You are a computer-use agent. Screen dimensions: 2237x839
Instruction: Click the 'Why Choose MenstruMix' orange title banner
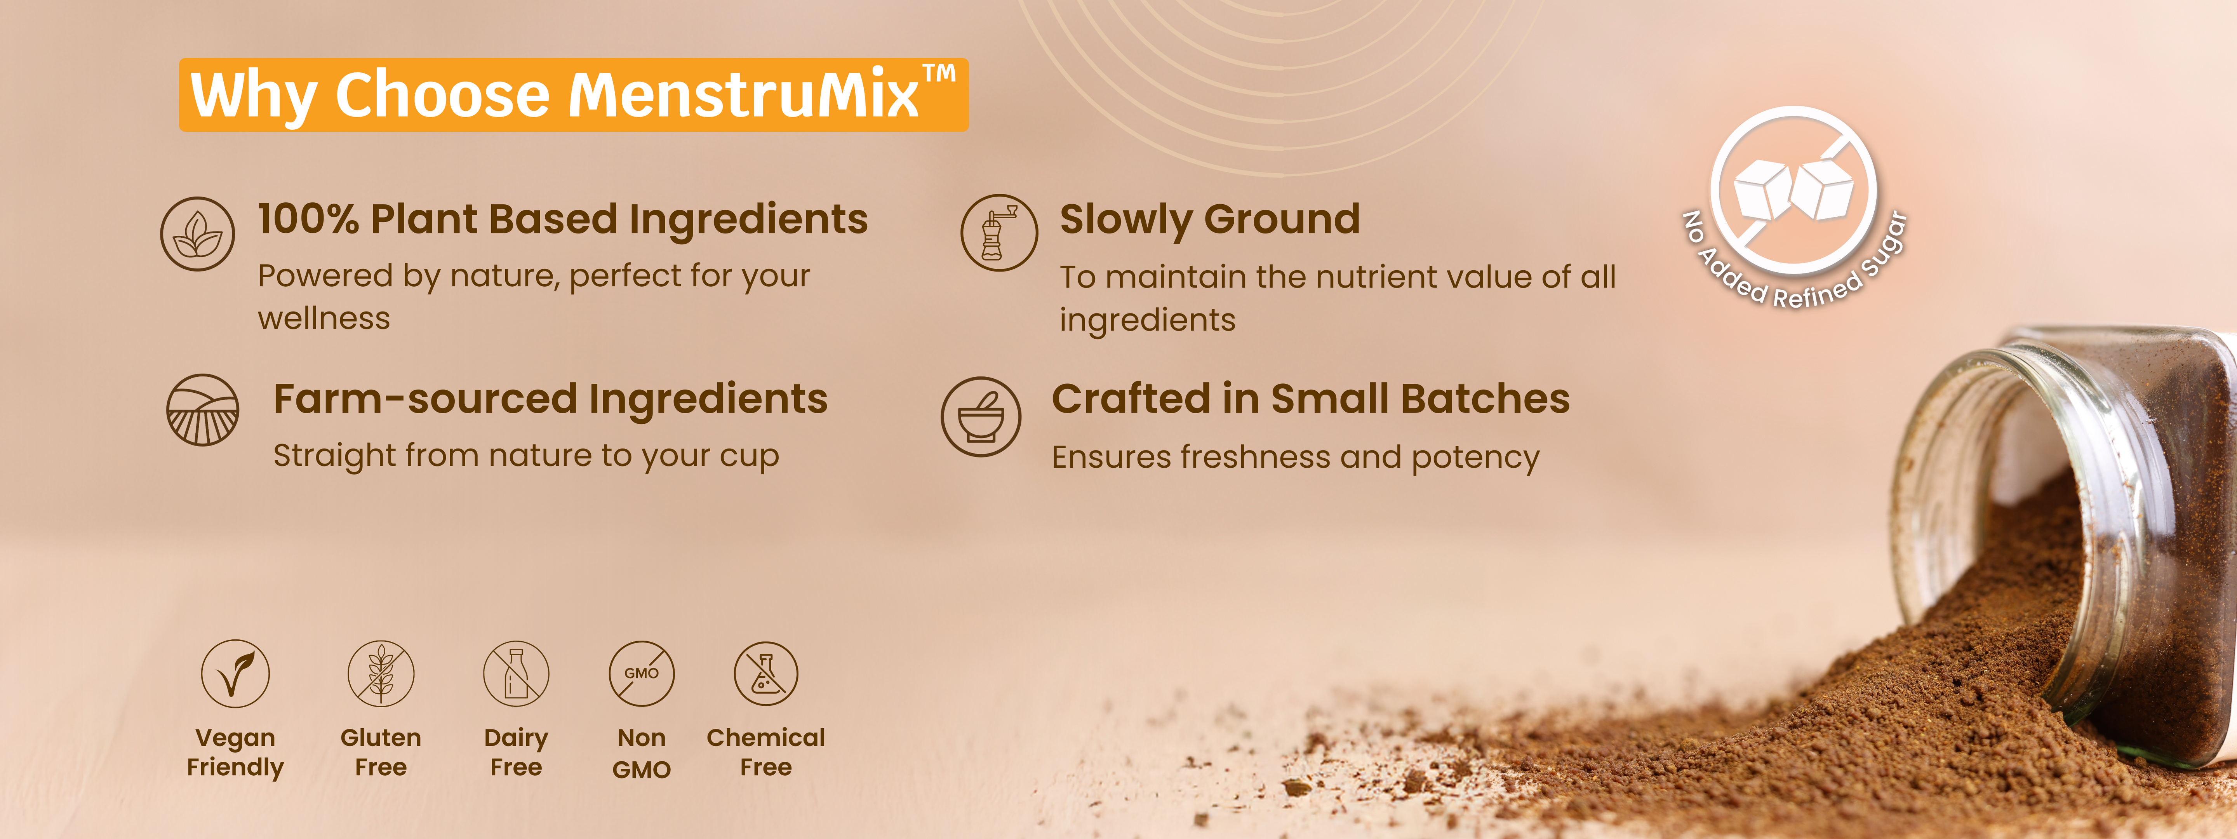coord(573,95)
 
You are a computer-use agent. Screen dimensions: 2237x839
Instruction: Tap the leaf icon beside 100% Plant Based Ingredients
coord(197,233)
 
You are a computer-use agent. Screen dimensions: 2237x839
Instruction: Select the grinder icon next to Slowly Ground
coord(998,233)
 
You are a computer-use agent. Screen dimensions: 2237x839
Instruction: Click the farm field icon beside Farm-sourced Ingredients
coord(202,410)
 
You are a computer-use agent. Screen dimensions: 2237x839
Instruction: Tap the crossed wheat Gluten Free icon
coord(380,673)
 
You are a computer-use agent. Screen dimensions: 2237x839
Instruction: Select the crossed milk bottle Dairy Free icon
coord(516,673)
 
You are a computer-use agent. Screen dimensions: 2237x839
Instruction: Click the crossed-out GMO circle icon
coord(642,673)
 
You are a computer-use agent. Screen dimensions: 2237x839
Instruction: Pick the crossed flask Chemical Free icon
coord(766,673)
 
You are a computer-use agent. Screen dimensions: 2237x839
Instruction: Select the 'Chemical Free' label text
coord(766,752)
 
